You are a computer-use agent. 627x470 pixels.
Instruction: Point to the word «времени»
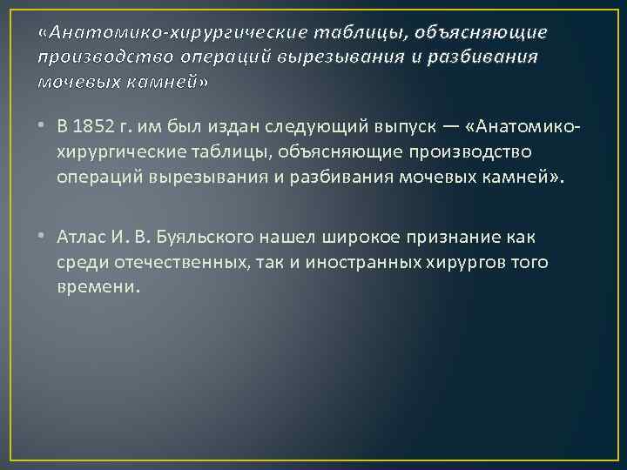(x=98, y=286)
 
